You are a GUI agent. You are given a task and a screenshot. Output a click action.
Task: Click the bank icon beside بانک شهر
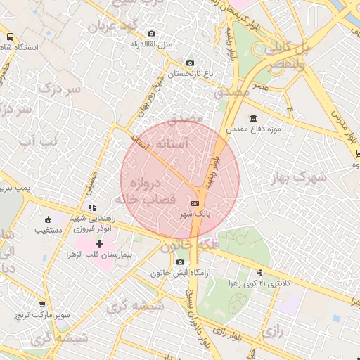195,203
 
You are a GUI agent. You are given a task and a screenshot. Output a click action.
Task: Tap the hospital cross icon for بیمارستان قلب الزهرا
99,243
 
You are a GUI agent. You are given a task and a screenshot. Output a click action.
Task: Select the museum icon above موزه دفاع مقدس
253,118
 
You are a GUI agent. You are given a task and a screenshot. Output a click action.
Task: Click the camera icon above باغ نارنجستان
190,63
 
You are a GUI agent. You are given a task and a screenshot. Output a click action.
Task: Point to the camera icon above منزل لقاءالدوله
152,33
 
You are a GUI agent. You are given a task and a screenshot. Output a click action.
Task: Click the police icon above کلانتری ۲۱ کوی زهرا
260,272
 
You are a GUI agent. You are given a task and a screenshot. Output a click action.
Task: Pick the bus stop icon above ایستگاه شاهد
10,37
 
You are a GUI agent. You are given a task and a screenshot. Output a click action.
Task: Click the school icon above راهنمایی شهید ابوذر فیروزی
92,207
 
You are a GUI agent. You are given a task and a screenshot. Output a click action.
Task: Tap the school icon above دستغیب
48,219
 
